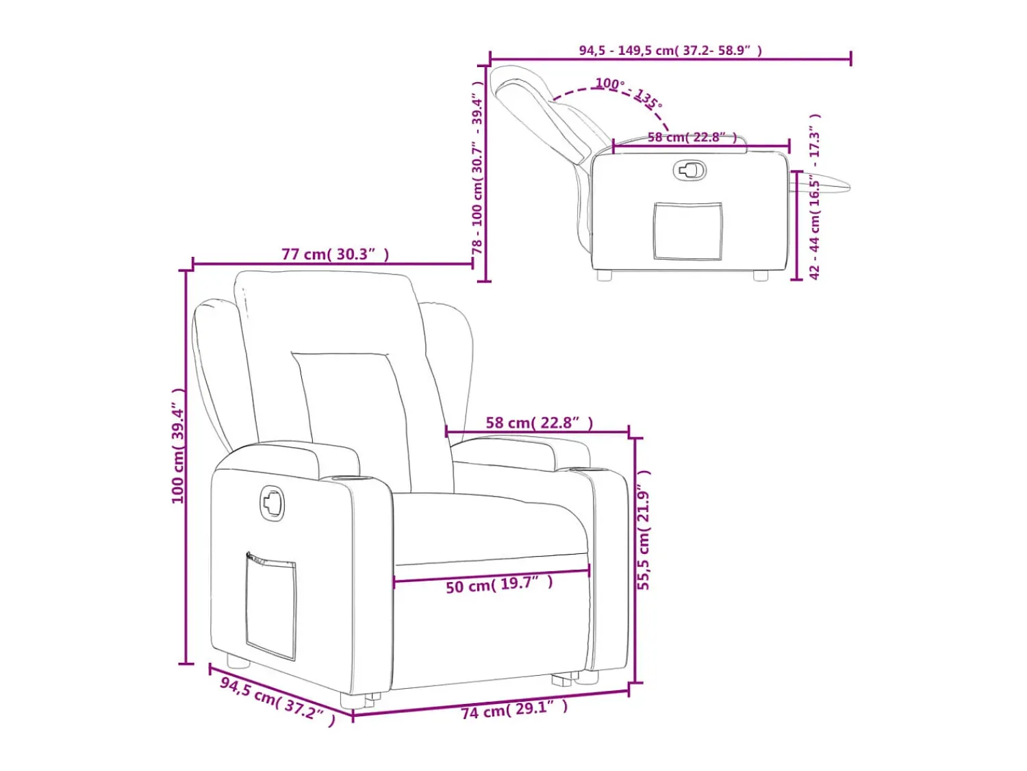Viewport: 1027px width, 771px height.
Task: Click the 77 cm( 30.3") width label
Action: [335, 254]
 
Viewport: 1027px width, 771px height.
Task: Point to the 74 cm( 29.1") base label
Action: [514, 709]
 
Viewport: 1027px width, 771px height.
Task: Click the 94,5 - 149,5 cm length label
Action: [670, 50]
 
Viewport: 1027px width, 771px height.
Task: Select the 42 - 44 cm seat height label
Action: [814, 197]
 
